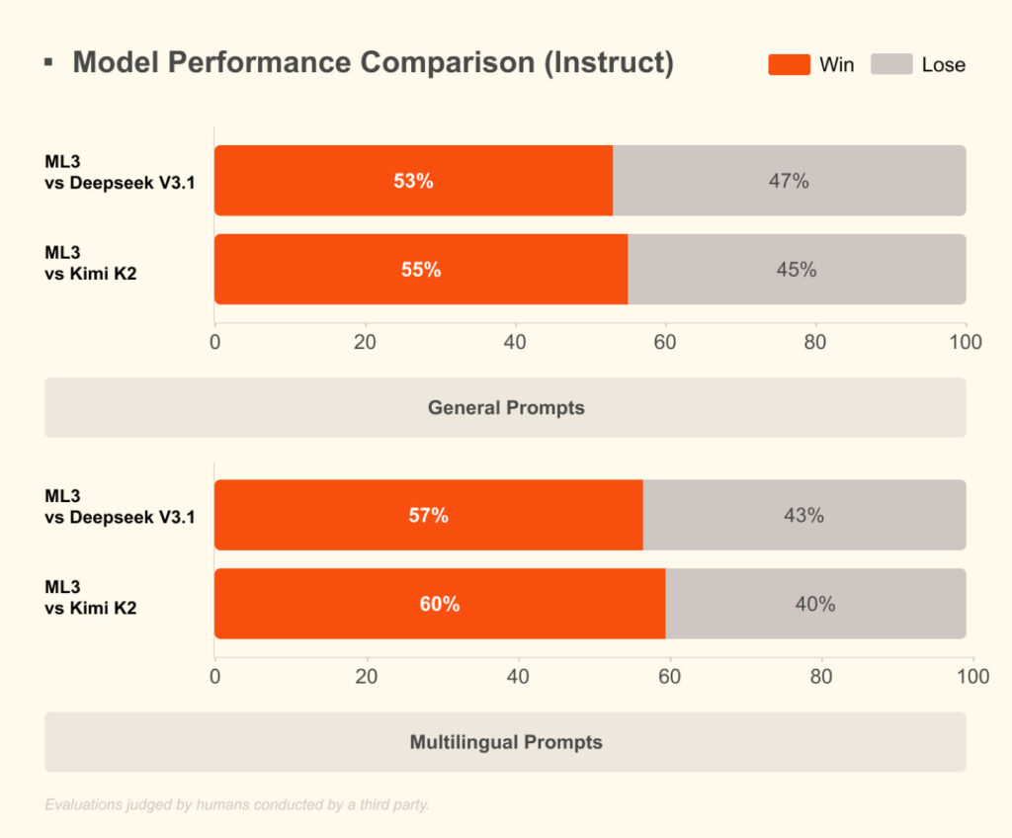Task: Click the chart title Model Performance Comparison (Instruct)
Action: click(x=373, y=63)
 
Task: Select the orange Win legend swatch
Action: click(x=789, y=65)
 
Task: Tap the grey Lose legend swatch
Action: click(x=890, y=65)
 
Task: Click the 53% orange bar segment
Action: click(x=413, y=181)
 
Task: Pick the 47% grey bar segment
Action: click(x=789, y=181)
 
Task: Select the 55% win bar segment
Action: click(x=421, y=269)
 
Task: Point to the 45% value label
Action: click(x=797, y=269)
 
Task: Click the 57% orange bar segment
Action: click(x=428, y=515)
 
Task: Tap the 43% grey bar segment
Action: click(x=803, y=515)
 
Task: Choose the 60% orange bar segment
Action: click(x=440, y=604)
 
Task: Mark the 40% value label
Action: click(x=815, y=604)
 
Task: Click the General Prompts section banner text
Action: click(x=505, y=407)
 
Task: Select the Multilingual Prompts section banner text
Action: click(x=505, y=742)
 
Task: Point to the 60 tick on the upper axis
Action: click(x=665, y=342)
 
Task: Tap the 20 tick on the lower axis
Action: click(x=367, y=677)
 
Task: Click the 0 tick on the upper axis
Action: click(x=214, y=342)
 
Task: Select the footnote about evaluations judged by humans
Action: click(x=237, y=804)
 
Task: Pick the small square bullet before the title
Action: click(x=48, y=63)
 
